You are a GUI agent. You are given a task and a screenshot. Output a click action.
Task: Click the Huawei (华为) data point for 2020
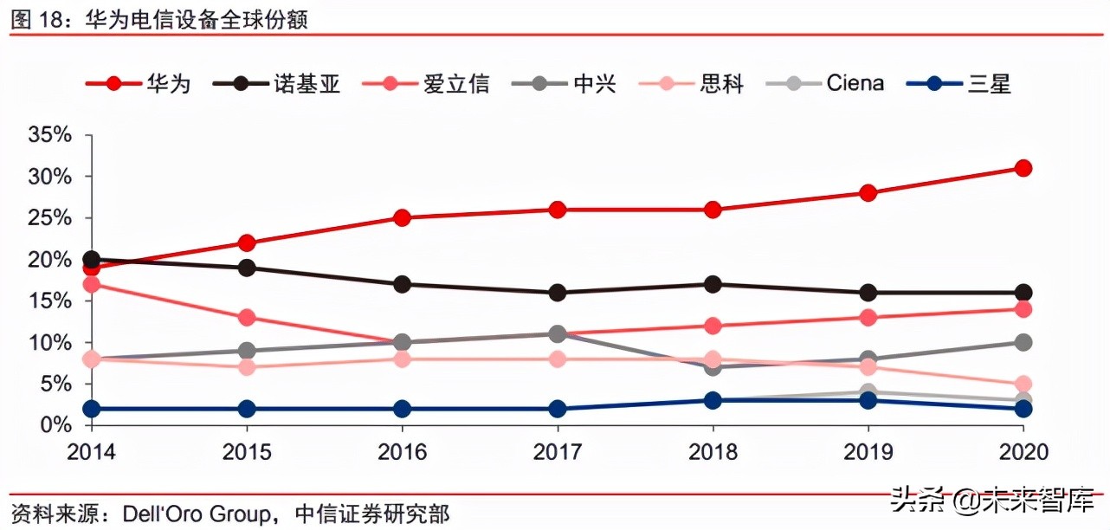click(x=1023, y=168)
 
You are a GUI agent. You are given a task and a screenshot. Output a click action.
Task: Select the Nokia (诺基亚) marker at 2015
click(x=247, y=268)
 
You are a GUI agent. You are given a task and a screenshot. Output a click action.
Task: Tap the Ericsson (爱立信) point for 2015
click(x=247, y=318)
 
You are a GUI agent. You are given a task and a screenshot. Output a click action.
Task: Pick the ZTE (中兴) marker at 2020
click(x=1023, y=342)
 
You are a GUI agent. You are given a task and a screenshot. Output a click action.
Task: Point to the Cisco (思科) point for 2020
click(x=1023, y=384)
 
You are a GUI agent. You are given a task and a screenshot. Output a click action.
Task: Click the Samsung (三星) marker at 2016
click(x=402, y=409)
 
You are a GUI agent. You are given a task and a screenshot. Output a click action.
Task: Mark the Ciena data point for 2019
click(x=868, y=392)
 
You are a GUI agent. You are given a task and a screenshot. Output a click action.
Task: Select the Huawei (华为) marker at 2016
click(x=402, y=217)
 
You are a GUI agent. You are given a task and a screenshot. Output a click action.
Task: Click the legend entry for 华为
click(x=139, y=83)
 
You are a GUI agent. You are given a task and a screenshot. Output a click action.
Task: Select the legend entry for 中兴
click(x=572, y=83)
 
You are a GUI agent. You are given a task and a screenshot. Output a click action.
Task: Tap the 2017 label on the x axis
click(x=557, y=452)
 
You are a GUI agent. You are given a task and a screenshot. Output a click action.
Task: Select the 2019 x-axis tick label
click(x=868, y=452)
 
